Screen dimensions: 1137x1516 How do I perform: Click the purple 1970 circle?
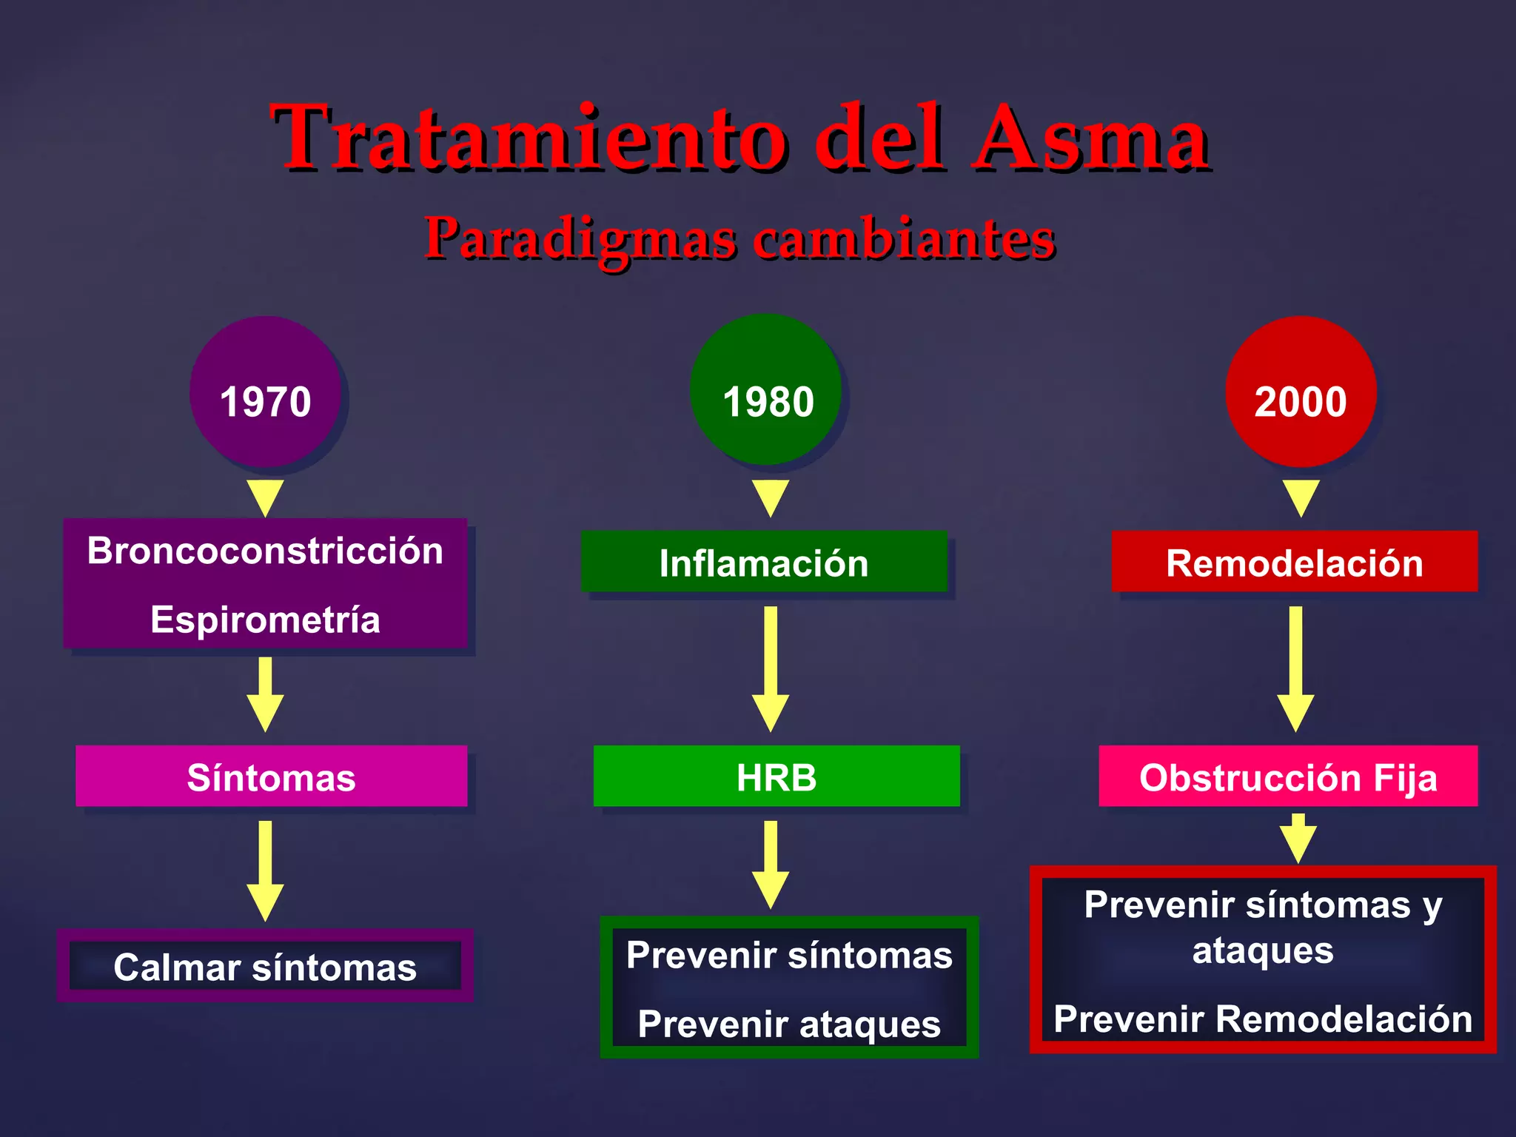265,392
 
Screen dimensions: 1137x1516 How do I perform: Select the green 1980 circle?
767,390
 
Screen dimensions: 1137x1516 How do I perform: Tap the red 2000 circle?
1300,392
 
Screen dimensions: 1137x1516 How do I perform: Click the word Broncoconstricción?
265,551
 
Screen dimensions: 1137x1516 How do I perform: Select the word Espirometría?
265,620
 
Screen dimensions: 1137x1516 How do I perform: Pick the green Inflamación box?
764,562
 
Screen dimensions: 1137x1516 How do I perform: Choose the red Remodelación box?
1294,562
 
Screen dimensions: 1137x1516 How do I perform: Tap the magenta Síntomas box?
271,777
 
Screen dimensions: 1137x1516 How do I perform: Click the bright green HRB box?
777,777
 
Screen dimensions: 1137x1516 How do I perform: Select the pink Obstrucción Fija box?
1288,777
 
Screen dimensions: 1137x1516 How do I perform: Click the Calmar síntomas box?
265,967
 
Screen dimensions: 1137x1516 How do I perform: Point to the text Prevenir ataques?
789,1024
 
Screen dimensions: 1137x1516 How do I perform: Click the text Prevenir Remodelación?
1263,1019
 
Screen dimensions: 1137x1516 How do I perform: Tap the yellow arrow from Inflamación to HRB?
771,670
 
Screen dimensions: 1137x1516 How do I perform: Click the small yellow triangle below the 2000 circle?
1301,497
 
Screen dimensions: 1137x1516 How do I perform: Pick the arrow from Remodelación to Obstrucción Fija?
1295,670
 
